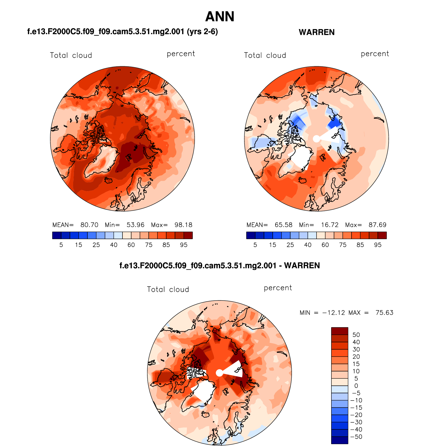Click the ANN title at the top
[220, 17]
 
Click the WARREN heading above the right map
[317, 32]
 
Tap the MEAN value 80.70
[89, 225]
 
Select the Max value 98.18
[183, 225]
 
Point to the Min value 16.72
[330, 225]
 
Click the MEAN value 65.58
[283, 225]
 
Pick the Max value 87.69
[377, 225]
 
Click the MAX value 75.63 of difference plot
[384, 313]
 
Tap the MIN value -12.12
[334, 313]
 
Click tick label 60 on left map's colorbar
[131, 245]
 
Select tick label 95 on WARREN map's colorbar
[378, 245]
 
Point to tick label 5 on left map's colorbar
[61, 245]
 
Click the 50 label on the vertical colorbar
[356, 335]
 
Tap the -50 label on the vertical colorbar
[356, 437]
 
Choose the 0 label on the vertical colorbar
[356, 386]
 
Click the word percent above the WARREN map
[375, 54]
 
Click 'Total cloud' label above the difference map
[168, 290]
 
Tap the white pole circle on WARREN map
[317, 139]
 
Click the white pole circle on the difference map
[219, 373]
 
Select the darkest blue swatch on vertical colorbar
[340, 440]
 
